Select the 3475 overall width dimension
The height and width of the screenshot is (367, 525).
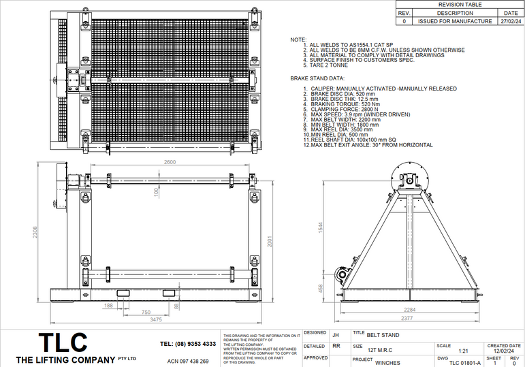[x=157, y=319]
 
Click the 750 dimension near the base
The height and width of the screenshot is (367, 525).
[x=146, y=312]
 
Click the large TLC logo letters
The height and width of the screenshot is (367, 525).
[x=62, y=342]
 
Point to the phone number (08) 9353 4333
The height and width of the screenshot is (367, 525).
[x=188, y=344]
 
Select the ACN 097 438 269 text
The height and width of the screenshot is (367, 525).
[x=188, y=361]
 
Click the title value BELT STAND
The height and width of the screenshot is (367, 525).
[x=383, y=335]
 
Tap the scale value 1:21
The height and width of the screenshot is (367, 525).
[x=464, y=351]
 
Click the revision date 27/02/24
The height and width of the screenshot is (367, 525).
[x=511, y=21]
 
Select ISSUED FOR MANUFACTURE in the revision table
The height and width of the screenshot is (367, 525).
[x=454, y=21]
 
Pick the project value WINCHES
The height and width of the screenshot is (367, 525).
[x=388, y=363]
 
